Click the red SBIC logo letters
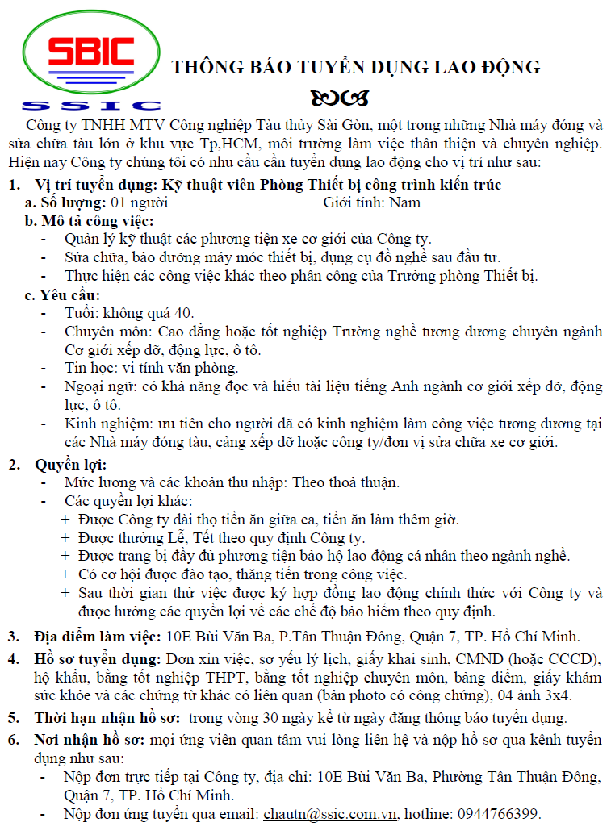pos(90,54)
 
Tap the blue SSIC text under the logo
pos(91,105)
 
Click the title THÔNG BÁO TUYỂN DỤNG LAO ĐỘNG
pos(355,67)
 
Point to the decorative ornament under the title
pos(338,98)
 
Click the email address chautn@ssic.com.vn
pos(331,813)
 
